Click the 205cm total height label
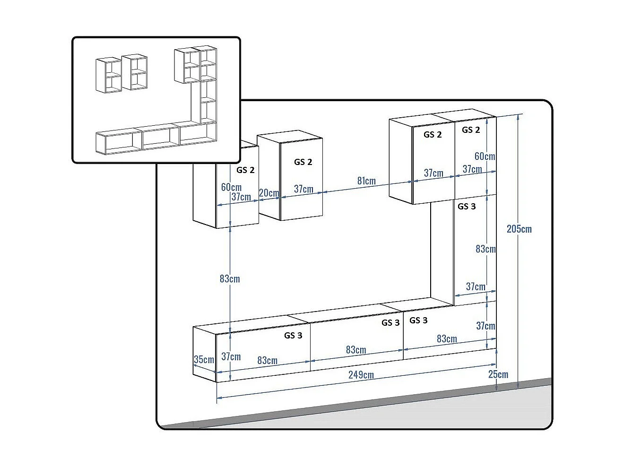point(519,229)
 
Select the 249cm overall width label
point(361,375)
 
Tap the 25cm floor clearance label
point(498,375)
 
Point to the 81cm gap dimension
point(366,181)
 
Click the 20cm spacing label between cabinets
point(269,193)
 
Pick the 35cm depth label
point(204,359)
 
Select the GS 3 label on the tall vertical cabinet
point(467,206)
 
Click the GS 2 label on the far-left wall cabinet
point(245,170)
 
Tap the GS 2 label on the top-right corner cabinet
point(471,130)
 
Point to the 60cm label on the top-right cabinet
point(485,156)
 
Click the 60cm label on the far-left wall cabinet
point(231,187)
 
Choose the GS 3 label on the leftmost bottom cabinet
point(293,336)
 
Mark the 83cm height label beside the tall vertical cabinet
point(485,249)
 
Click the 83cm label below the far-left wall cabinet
point(230,279)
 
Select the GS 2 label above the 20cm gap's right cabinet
point(303,162)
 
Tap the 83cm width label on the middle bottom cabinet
point(355,350)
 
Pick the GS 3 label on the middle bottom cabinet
point(390,323)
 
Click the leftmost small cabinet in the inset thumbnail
point(109,75)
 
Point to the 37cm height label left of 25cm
point(485,326)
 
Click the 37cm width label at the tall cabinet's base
point(476,286)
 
